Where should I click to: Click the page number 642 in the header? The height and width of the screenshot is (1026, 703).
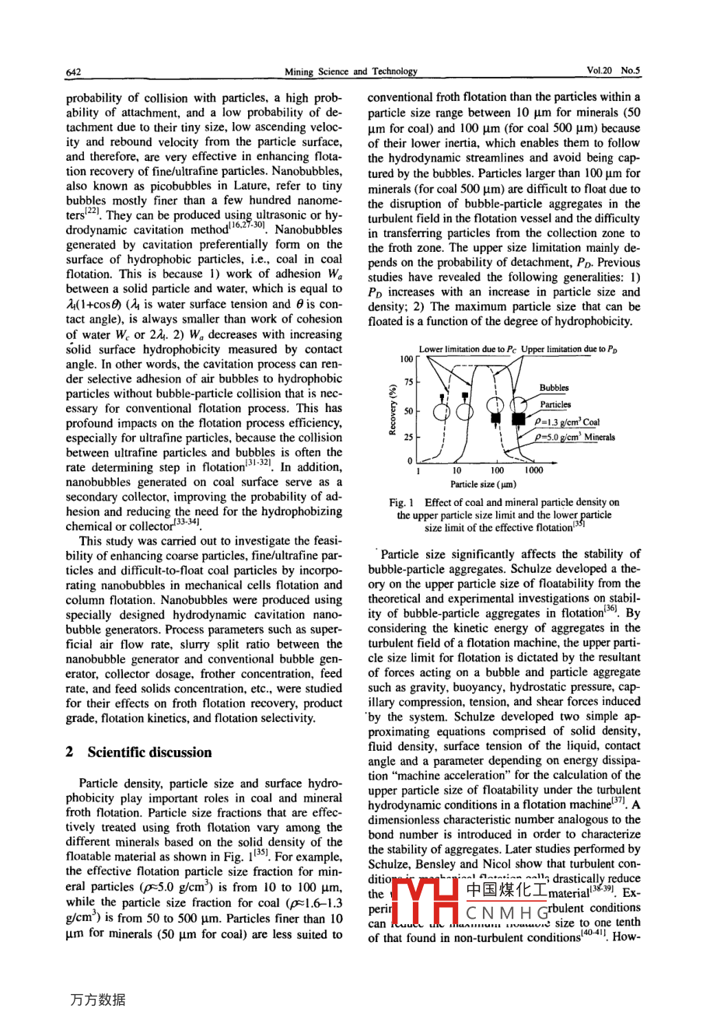[74, 72]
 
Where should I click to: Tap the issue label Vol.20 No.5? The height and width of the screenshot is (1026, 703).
[613, 71]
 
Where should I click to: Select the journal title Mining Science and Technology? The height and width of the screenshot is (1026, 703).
[351, 72]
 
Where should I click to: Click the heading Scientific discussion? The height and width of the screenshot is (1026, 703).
[149, 752]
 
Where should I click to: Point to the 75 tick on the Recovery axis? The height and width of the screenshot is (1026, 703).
[407, 383]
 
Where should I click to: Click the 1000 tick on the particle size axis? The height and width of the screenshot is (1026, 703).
[533, 470]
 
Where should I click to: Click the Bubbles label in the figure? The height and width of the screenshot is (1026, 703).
[554, 388]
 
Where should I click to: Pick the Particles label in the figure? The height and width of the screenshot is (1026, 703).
[555, 404]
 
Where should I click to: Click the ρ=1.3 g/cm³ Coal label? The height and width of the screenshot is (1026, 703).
[567, 422]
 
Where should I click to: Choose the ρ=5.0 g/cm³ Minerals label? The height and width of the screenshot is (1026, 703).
[575, 437]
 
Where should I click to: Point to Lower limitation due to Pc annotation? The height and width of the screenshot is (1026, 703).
[467, 350]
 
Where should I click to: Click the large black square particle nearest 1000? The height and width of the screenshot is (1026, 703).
[519, 421]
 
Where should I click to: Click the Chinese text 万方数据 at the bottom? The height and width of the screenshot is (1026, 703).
[97, 1000]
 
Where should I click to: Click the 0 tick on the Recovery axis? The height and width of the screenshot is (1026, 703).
[411, 460]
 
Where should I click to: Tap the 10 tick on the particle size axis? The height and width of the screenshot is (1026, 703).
[456, 470]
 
